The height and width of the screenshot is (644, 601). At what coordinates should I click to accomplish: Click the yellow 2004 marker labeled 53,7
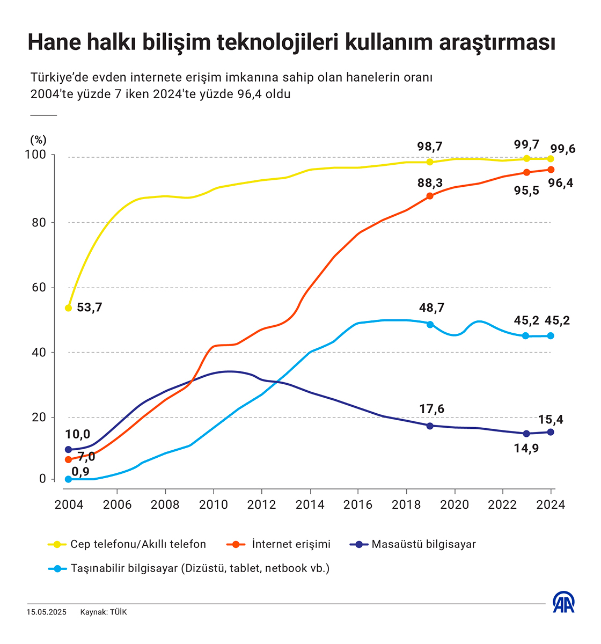pos(68,308)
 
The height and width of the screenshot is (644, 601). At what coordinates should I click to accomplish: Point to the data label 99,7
pos(526,144)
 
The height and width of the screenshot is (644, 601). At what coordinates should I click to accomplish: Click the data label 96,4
pos(560,184)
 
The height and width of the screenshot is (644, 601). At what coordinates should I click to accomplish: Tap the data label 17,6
pos(431,409)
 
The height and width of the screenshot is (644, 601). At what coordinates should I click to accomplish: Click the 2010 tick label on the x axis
pos(214,505)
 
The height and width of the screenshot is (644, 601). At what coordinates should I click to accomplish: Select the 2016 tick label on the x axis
pos(358,505)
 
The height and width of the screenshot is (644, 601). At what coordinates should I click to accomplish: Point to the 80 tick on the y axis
pos(39,222)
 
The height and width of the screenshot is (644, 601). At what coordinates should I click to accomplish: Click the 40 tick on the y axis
pos(39,353)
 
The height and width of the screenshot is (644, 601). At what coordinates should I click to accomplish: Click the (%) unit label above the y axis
pos(38,140)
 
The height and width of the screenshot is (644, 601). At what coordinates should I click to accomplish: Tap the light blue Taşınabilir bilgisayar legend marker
pos(56,568)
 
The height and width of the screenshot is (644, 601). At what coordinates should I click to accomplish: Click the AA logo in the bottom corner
pos(563,603)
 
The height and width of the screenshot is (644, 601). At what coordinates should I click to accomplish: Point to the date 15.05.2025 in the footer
pos(47,612)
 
